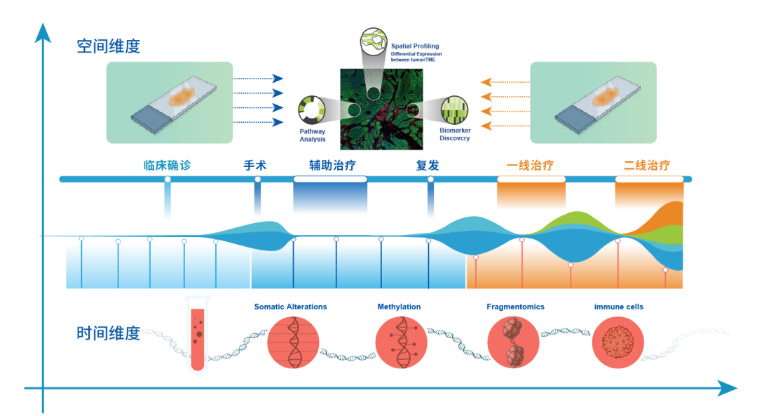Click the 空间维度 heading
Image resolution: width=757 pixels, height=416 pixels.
pos(109,46)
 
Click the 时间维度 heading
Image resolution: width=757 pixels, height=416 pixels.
pos(109,333)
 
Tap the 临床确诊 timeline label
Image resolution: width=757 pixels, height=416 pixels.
pos(167,166)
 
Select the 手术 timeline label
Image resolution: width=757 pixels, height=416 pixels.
pos(255,166)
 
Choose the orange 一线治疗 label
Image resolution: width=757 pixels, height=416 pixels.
pos(530,166)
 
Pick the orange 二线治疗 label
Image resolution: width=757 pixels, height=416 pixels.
pos(647,166)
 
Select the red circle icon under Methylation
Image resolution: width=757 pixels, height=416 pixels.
pos(401,342)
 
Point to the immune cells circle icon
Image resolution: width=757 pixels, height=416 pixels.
pos(618,342)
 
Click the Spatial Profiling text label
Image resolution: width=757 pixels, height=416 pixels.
pos(415,46)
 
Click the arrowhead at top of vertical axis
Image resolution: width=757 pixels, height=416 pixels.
pos(43,32)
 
